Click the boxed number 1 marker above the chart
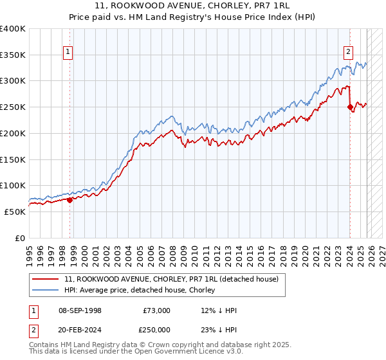(x=68, y=53)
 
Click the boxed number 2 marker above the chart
(x=348, y=53)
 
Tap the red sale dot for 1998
(x=69, y=199)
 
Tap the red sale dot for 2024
(x=350, y=107)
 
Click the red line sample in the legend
(x=46, y=280)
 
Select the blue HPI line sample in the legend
(x=46, y=291)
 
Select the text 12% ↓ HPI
(x=219, y=310)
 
